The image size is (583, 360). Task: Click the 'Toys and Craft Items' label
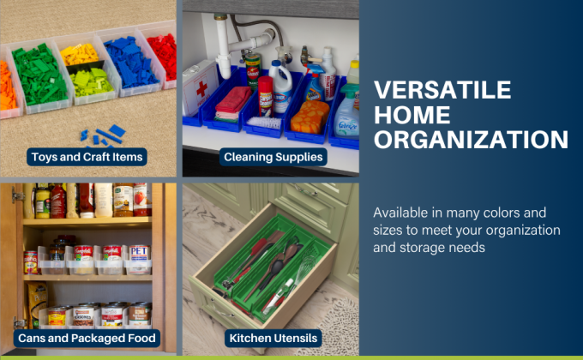(87, 157)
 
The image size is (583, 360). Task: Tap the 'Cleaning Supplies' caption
(273, 157)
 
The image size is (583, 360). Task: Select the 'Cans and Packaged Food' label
(87, 338)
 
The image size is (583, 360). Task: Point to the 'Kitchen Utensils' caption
(273, 338)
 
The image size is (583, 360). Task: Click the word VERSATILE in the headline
(443, 91)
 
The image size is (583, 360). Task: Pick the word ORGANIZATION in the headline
(472, 140)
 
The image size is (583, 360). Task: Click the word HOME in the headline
(409, 116)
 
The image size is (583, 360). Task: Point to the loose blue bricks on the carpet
(101, 135)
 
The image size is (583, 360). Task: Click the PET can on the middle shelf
(139, 255)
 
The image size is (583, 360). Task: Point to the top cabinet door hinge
(16, 196)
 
